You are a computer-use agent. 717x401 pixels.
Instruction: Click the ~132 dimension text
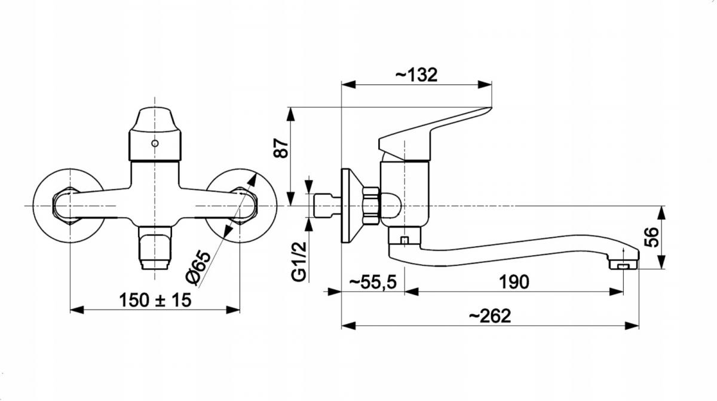(416, 75)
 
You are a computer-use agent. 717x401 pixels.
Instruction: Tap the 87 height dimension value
(281, 148)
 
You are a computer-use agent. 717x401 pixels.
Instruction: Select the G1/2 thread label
(299, 262)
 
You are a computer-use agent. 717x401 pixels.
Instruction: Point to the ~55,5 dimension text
(373, 282)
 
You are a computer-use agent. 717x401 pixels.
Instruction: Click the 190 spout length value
(514, 282)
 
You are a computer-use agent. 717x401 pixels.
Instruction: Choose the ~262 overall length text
(490, 316)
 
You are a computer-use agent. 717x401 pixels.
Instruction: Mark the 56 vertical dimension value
(651, 237)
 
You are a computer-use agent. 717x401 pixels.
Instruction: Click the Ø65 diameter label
(198, 268)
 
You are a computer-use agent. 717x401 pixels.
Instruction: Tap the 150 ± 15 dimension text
(155, 300)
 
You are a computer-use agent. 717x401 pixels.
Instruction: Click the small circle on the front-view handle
(155, 143)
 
